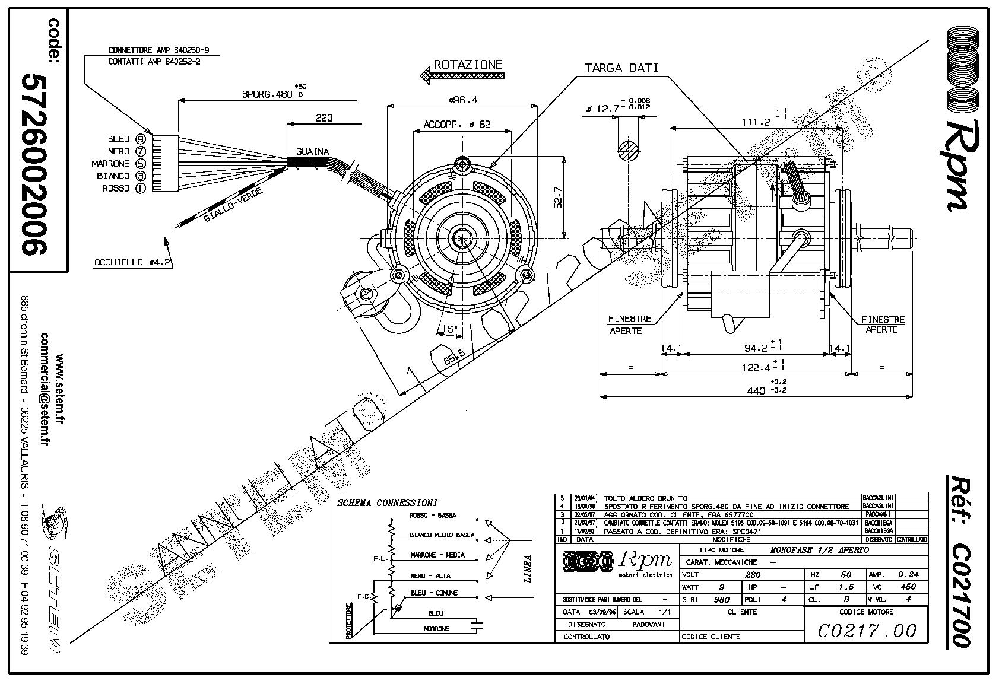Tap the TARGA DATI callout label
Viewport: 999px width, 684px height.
[x=621, y=68]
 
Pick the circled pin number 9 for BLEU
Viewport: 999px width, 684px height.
[x=141, y=139]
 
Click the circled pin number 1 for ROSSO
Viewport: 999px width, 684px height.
[x=141, y=188]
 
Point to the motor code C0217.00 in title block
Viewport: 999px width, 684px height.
[x=867, y=630]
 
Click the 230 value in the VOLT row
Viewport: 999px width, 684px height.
[x=752, y=574]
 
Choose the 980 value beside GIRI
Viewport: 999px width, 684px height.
[x=721, y=599]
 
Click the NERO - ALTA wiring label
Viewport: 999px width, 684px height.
[x=430, y=575]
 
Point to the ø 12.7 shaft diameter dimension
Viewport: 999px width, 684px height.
[x=609, y=108]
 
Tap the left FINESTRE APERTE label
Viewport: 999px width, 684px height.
[x=630, y=324]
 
